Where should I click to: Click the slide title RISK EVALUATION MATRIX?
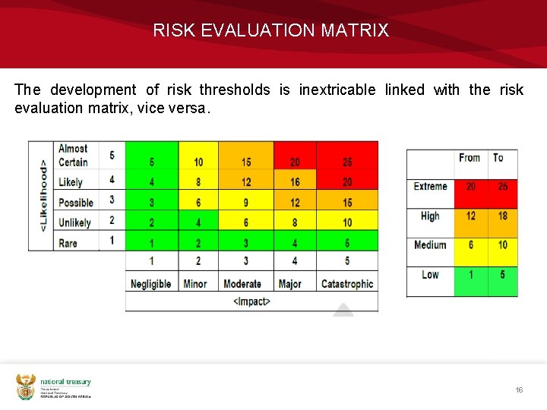270,30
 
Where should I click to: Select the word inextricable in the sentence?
337,90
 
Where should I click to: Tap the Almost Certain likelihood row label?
73,155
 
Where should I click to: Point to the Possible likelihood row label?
75,203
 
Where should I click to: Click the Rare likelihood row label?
68,243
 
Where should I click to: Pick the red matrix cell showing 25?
346,162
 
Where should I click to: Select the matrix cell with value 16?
295,182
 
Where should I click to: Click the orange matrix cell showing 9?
246,203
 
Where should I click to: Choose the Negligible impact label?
150,284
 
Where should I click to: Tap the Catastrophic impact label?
347,284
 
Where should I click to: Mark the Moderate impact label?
242,284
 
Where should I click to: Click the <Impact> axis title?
251,302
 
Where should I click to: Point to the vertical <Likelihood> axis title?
43,196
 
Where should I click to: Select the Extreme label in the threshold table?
430,186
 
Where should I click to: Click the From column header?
470,158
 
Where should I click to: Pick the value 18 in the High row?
502,216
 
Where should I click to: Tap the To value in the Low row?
502,274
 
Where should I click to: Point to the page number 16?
519,389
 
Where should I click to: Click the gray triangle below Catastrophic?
343,310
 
